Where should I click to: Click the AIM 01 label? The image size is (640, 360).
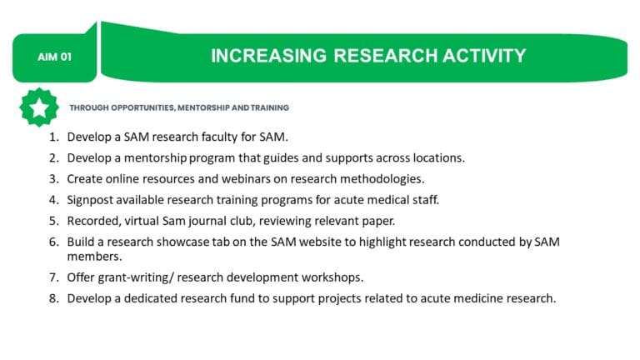pos(55,57)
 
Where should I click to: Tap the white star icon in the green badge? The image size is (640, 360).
pos(38,107)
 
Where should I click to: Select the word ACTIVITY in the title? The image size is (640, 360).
pos(482,56)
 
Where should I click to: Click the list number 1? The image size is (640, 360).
pos(54,136)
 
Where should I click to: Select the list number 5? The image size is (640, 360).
pos(54,221)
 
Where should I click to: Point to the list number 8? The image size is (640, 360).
pos(54,297)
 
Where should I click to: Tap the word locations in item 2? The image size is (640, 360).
pos(438,157)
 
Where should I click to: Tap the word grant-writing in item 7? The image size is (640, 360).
pos(132,276)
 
